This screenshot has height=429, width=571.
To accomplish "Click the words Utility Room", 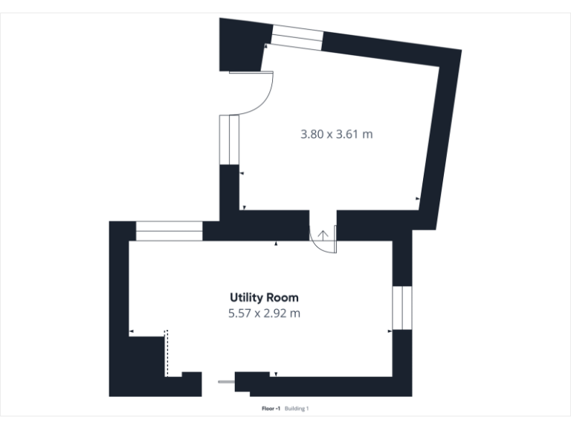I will click(x=264, y=298).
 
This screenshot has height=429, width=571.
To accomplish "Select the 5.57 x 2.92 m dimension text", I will click(x=264, y=314).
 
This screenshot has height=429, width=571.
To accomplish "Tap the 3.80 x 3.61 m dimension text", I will click(x=336, y=135).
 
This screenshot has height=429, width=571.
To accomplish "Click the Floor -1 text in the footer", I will click(x=271, y=409).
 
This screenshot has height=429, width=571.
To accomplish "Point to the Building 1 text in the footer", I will click(x=297, y=409).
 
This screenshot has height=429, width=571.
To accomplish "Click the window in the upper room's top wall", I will click(x=297, y=36).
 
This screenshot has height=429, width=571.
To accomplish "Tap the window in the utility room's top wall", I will click(x=169, y=231).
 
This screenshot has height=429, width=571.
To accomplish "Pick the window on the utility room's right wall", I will click(x=401, y=307).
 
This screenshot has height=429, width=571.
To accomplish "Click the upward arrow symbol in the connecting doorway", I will click(x=323, y=235).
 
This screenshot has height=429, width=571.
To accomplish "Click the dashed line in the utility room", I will click(x=167, y=354).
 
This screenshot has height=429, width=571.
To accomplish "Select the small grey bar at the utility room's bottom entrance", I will click(x=225, y=382).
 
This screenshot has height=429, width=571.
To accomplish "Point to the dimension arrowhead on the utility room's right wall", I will click(x=390, y=331).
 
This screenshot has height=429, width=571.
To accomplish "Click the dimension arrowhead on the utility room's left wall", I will click(x=131, y=331).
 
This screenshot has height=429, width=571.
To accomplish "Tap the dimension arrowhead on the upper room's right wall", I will click(x=418, y=199).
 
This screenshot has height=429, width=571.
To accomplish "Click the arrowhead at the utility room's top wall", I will click(x=276, y=244).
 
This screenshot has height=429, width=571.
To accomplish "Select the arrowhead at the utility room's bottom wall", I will click(x=276, y=374).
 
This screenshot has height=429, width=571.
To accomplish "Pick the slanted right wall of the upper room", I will click(x=443, y=134).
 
